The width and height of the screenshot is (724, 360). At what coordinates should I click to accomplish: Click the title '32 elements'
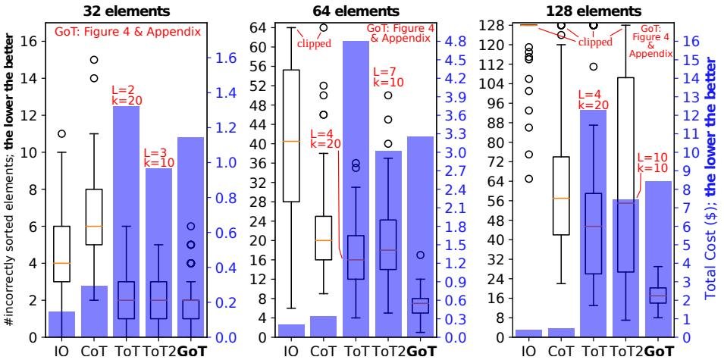[x=126, y=11]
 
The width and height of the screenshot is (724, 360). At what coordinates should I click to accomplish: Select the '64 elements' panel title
[x=356, y=11]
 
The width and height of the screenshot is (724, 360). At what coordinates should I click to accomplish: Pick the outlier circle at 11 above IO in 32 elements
[x=61, y=134]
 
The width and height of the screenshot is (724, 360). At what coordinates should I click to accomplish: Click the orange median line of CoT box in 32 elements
[x=94, y=226]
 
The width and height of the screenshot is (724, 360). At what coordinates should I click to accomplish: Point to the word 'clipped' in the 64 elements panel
[x=313, y=42]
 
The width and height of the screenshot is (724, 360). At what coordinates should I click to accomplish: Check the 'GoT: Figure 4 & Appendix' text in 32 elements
[x=127, y=33]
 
